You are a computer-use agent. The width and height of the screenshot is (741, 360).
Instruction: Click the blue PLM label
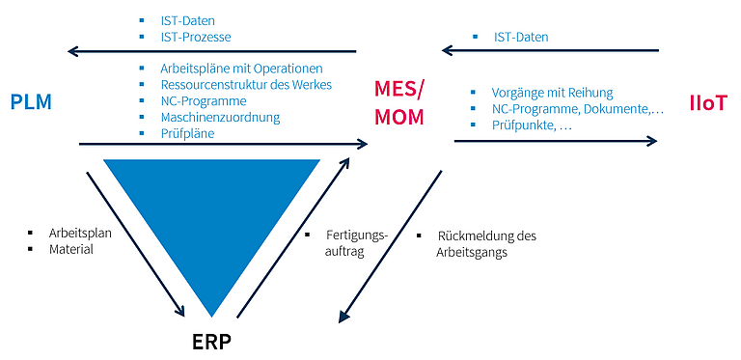(x=31, y=102)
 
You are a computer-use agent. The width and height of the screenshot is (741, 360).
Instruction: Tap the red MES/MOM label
(x=399, y=103)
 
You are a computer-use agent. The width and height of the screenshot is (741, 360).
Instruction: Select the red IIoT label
(x=707, y=104)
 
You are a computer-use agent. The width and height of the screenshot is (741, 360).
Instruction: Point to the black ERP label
(x=212, y=343)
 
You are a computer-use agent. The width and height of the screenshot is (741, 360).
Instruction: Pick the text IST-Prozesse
(x=196, y=37)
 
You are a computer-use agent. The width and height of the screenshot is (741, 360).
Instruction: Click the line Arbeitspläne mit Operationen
(x=241, y=69)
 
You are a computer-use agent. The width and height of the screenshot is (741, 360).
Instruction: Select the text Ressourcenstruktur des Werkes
(x=246, y=85)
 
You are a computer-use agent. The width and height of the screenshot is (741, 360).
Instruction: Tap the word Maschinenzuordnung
(x=220, y=117)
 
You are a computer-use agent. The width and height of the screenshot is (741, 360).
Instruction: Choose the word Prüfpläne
(x=187, y=134)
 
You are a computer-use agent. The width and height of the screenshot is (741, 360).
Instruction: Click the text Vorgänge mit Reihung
(x=552, y=93)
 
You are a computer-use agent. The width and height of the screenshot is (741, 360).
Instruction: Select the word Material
(x=70, y=249)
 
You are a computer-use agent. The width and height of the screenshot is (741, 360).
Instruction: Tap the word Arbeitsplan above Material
(x=80, y=234)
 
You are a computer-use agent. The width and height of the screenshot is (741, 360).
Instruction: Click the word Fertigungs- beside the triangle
(x=357, y=235)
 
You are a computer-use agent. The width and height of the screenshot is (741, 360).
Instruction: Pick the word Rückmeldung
(x=477, y=235)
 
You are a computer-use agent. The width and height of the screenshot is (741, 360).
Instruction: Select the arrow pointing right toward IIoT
(x=556, y=141)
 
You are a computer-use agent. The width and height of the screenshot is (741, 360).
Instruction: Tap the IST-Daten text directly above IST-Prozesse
(x=187, y=21)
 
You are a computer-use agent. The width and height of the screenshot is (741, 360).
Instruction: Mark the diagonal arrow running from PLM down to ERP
(x=135, y=244)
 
